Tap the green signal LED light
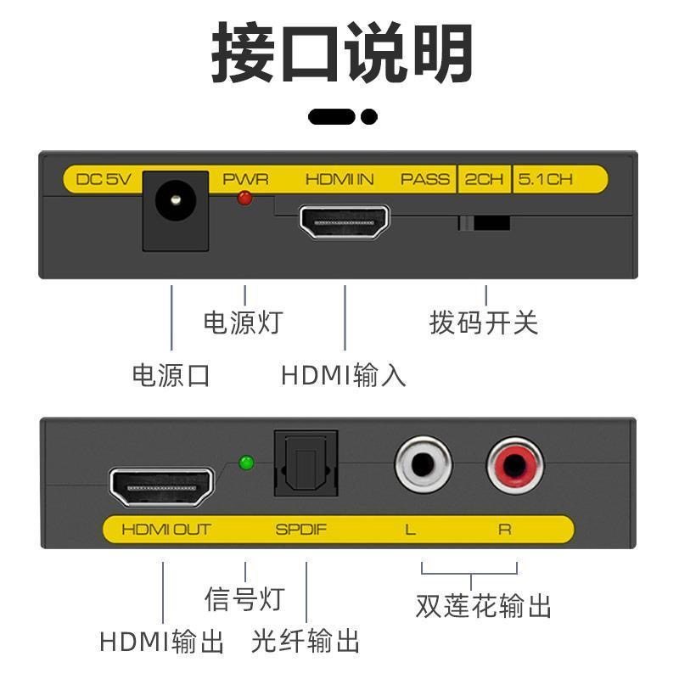[x=247, y=463]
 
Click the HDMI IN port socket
[x=344, y=222]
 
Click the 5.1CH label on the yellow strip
[x=546, y=179]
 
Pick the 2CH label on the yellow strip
[x=484, y=179]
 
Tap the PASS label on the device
[x=425, y=179]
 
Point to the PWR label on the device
[x=245, y=179]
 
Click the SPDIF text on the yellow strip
[x=300, y=530]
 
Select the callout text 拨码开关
[x=484, y=323]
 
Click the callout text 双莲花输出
[x=484, y=606]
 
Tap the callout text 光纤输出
[x=306, y=641]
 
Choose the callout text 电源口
[x=171, y=374]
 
